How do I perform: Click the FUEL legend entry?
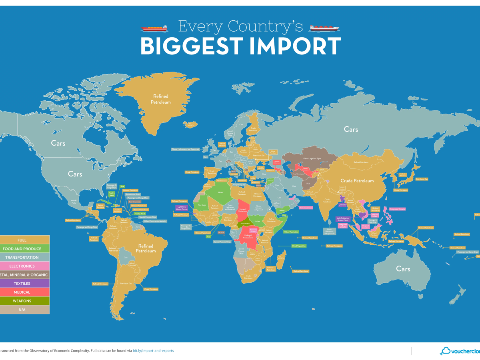pos(24,240)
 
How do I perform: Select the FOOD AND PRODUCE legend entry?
pos(24,249)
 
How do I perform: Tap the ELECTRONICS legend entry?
pos(24,266)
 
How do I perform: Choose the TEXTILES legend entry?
pos(24,284)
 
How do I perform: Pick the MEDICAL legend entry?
pos(24,292)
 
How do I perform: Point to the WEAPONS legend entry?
pos(24,301)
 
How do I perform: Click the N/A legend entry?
pos(24,310)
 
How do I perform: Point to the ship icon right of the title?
pos(324,28)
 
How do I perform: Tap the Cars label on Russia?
pos(351,129)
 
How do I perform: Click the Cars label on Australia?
pos(403,269)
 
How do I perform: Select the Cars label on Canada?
pos(58,143)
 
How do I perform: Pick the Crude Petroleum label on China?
pos(357,180)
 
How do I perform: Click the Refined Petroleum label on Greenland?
pos(160,99)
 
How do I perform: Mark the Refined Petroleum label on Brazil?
pos(146,249)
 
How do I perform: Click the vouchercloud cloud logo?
pos(445,351)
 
